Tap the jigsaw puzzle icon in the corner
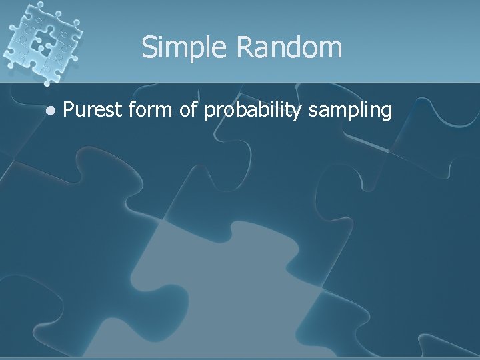pos(42,41)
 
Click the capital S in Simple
pos(149,48)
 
